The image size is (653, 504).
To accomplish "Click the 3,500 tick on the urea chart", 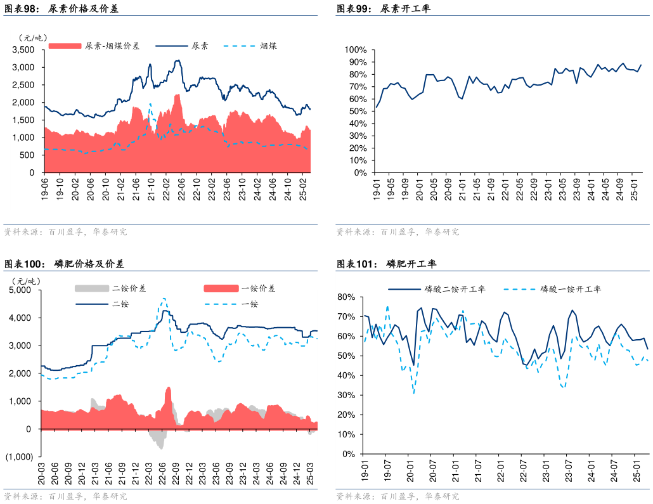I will click(x=24, y=49).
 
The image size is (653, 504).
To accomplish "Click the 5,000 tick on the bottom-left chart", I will click(x=21, y=290).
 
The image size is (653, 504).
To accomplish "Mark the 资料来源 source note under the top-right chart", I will click(x=398, y=232).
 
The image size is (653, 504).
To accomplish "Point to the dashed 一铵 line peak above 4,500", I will click(x=164, y=298).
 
